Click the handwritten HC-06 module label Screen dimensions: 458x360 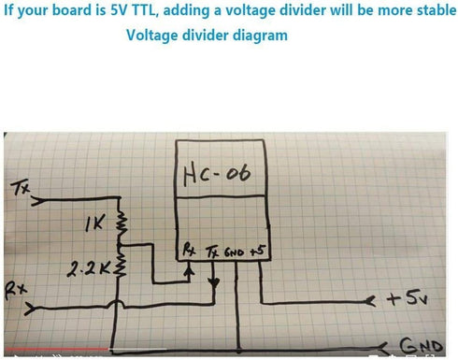point(217,174)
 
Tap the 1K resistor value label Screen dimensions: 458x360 point(94,223)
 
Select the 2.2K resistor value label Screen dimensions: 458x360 point(89,269)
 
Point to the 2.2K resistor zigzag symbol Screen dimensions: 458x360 point(121,261)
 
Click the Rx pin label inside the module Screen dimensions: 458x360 point(189,250)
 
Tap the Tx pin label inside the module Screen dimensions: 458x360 point(212,252)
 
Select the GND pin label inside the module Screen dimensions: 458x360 point(235,252)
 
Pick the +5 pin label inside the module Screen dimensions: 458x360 point(258,251)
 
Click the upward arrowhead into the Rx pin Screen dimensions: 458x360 point(188,270)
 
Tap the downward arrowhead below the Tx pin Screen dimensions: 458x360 point(214,283)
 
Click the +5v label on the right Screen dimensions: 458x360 point(407,298)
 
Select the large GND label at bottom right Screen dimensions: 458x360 point(421,345)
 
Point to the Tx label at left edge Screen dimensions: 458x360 point(21,188)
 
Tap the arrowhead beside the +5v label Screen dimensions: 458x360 point(370,301)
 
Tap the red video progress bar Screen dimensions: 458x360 point(57,349)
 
